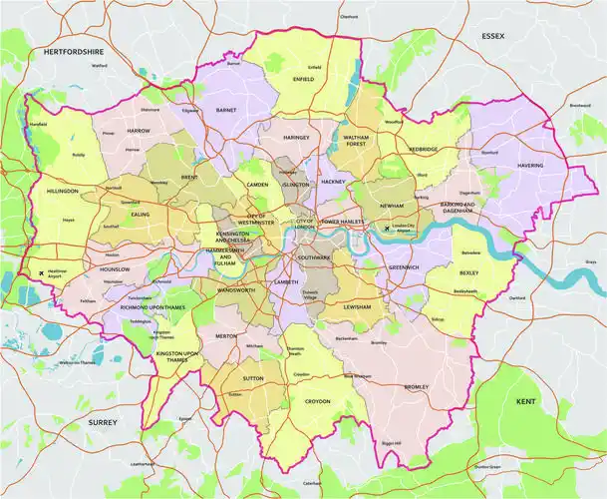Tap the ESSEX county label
493,36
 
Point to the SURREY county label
103,422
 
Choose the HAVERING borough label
531,165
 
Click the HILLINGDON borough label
63,189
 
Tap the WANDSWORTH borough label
236,289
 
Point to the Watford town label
99,66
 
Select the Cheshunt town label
349,17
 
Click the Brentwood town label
580,105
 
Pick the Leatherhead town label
143,463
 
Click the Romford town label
489,153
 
